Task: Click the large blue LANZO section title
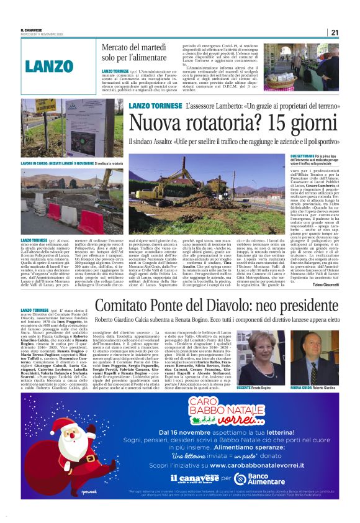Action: click(x=52, y=65)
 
